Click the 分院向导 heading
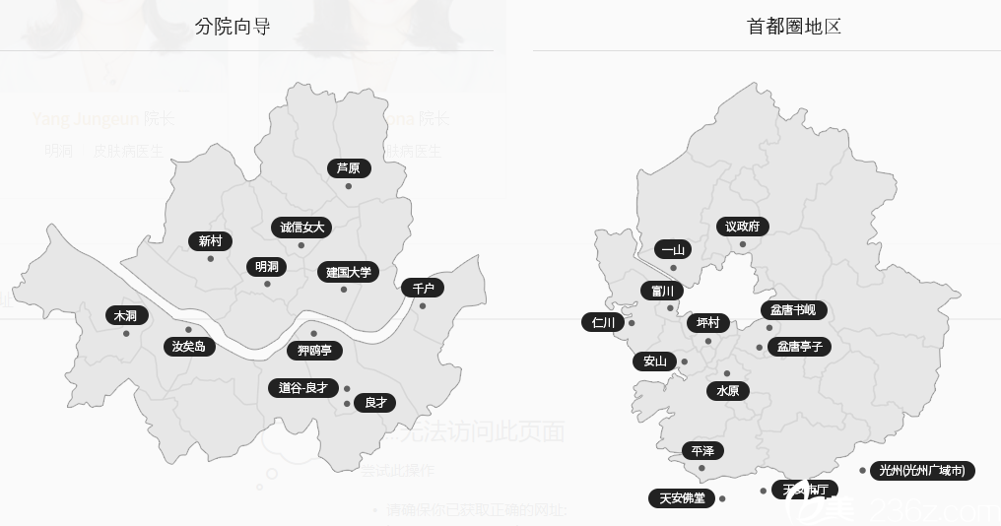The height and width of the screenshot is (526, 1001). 233,27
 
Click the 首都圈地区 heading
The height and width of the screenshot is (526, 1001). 794,27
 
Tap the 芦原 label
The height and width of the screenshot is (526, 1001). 349,168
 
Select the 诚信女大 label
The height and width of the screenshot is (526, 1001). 301,228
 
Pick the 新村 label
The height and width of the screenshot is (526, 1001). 210,241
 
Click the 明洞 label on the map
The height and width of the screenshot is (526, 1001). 266,267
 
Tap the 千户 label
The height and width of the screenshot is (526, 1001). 423,288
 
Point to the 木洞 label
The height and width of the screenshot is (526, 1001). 126,316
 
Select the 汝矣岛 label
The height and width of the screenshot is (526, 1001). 188,347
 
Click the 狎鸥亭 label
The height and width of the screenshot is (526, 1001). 315,351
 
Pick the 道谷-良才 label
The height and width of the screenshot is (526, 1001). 302,388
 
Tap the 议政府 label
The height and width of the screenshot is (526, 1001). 742,227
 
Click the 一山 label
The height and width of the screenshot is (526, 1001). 673,250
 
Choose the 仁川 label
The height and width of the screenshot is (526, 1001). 603,322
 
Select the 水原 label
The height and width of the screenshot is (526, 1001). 727,391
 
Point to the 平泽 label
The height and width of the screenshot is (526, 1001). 702,451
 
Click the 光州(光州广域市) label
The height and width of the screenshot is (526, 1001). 922,471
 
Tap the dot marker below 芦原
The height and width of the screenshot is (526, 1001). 349,186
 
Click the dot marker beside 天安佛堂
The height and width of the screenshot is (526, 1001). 722,498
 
